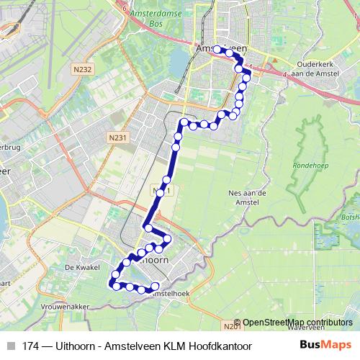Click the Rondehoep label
309,166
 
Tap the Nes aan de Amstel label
247,197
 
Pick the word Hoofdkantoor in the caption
220,346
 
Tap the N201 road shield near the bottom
232,326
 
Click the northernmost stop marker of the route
217,50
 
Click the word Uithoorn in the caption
76,346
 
